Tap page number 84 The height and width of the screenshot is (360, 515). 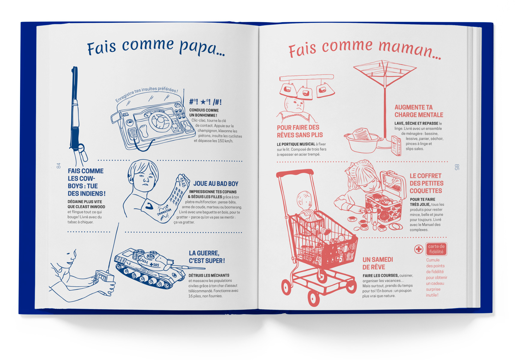coord(59,166)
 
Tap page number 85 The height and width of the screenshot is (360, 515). coord(457,167)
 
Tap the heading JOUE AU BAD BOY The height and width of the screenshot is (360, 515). coord(216,184)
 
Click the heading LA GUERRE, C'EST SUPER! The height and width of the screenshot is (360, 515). coord(207,257)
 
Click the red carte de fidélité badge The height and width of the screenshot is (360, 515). coord(436,249)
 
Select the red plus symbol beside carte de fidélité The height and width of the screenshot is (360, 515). coord(419,249)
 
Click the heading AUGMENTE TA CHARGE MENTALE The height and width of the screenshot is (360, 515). coord(419,111)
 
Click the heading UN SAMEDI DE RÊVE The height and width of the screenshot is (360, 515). coord(378,263)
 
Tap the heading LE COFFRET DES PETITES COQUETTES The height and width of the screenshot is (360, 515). coord(426,183)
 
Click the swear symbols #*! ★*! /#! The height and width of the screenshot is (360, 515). coord(206,102)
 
